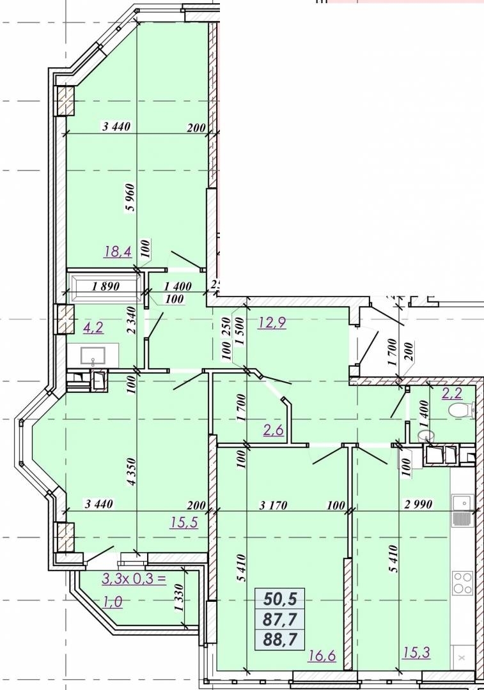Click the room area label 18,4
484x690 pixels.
click(x=118, y=252)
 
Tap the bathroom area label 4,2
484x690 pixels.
click(x=93, y=327)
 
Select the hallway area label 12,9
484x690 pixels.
click(x=272, y=323)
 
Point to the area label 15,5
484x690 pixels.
click(x=185, y=523)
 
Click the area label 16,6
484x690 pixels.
click(x=322, y=655)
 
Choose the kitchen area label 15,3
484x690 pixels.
click(x=417, y=652)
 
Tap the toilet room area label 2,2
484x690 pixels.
click(x=452, y=392)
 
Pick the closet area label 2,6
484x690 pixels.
click(x=274, y=429)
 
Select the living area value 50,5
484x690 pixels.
click(x=280, y=599)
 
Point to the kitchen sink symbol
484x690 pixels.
click(x=462, y=510)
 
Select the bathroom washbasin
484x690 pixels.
click(x=93, y=355)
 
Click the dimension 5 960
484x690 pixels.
click(x=131, y=197)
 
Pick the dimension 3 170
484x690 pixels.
click(x=273, y=505)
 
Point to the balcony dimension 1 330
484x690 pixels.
click(x=178, y=597)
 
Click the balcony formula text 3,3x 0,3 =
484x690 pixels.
click(x=134, y=578)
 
